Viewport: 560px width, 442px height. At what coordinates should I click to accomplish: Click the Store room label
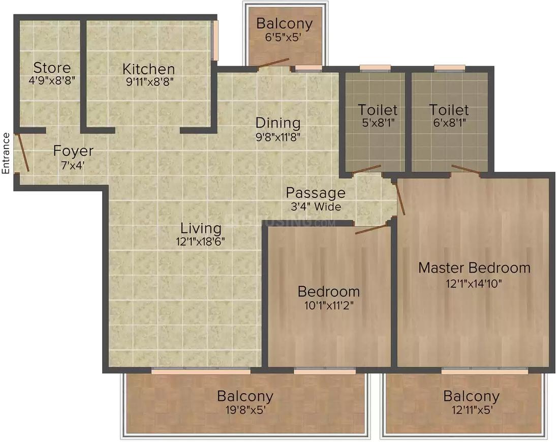pos(52,68)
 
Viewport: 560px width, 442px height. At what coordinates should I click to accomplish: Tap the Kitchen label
pos(148,69)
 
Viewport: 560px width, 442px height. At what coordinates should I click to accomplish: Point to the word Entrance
pos(6,153)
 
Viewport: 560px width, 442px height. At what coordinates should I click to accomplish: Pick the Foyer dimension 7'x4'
pos(73,164)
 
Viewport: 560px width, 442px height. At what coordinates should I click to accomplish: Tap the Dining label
pos(277,123)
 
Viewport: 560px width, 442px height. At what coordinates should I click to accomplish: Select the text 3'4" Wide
pos(315,207)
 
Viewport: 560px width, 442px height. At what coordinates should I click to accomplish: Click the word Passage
pos(315,193)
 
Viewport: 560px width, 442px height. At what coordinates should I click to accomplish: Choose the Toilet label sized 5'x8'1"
pos(378,109)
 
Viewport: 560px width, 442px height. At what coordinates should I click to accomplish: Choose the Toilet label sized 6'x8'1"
pos(449,109)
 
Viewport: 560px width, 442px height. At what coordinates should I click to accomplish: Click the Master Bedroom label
pos(474,268)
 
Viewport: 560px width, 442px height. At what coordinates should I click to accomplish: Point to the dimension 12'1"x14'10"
pos(474,282)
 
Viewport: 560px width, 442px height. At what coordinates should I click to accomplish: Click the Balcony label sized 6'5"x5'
pos(284,23)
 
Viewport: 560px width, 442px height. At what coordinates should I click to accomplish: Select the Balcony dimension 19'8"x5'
pos(245,409)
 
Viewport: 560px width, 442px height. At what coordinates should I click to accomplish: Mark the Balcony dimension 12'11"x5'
pos(471,409)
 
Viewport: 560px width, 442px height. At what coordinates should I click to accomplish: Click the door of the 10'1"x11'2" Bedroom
pos(371,228)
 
